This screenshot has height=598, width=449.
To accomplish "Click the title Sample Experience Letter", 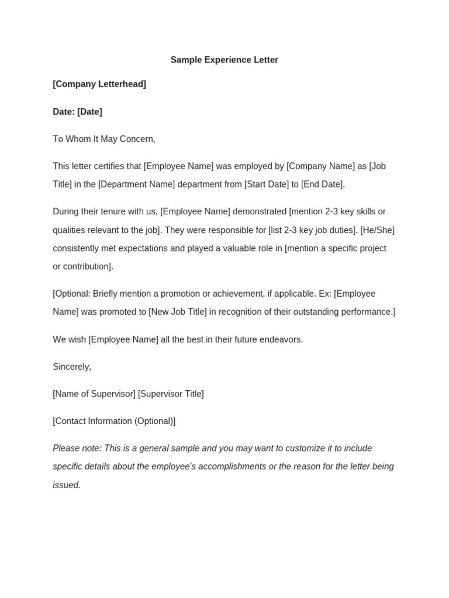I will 224,60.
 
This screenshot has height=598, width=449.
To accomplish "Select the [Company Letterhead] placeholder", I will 99,84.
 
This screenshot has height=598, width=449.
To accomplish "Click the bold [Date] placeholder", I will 89,112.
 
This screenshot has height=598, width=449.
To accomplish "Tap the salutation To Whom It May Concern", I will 104,139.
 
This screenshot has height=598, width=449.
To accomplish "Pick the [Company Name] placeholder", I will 321,166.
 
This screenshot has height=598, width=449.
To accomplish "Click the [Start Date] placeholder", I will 267,185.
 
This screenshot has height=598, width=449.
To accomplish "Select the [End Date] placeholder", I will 322,185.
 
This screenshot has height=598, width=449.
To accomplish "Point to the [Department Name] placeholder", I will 137,185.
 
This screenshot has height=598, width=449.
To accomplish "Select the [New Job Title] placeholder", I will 178,312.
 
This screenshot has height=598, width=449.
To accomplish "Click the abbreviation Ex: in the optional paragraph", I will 324,294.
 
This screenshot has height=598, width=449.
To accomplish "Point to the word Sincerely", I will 72,367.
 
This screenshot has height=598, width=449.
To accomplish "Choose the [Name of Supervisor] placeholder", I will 94,394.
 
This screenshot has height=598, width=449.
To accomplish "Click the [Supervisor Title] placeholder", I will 171,394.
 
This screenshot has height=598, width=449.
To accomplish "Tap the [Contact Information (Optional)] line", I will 114,421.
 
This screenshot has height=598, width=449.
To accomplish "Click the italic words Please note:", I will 77,448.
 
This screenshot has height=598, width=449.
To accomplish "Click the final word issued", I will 67,485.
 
